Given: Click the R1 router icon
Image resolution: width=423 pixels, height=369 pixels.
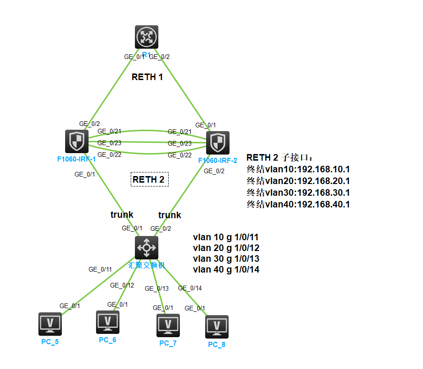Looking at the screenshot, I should coord(147,37).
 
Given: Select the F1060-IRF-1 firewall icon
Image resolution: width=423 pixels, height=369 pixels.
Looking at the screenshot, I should coord(76,141).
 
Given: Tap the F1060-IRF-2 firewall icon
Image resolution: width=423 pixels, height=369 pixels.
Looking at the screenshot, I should coord(217,143).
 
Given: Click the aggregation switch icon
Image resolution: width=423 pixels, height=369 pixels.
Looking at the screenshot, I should coord(146,247).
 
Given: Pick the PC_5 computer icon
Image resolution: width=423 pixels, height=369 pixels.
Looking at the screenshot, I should coord(50,324).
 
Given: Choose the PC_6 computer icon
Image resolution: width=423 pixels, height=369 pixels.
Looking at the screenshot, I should coord(107,322).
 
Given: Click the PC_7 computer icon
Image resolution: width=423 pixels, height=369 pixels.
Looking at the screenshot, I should coord(168,325).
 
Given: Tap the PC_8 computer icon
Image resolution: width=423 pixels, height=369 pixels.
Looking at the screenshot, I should coord(216,326).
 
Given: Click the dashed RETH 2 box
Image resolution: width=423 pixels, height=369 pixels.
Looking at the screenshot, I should coord(149,179).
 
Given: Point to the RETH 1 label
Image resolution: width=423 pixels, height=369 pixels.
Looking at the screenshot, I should coord(147,77).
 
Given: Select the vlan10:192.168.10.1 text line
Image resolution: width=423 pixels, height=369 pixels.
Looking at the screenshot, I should coord(298,169).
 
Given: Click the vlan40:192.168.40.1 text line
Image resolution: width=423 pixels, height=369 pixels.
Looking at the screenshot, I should coord(298,204).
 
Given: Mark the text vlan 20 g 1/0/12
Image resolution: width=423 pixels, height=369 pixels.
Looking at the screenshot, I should coord(226,248).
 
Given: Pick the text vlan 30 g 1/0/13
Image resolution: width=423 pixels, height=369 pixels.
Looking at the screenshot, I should coord(226,258).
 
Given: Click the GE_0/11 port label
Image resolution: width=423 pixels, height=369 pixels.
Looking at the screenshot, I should coord(100,269).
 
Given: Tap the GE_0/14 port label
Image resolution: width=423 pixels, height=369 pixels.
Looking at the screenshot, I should coord(190,288).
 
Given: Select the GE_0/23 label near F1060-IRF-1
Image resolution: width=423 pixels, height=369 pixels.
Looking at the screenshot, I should coord(109,143).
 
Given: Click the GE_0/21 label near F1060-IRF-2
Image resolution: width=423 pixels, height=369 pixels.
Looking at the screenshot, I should coord(179,132).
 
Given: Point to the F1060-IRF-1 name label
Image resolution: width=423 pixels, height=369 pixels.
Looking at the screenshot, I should coord(76,159).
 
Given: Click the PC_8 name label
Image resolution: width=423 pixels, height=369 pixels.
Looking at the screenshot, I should coord(216,345).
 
